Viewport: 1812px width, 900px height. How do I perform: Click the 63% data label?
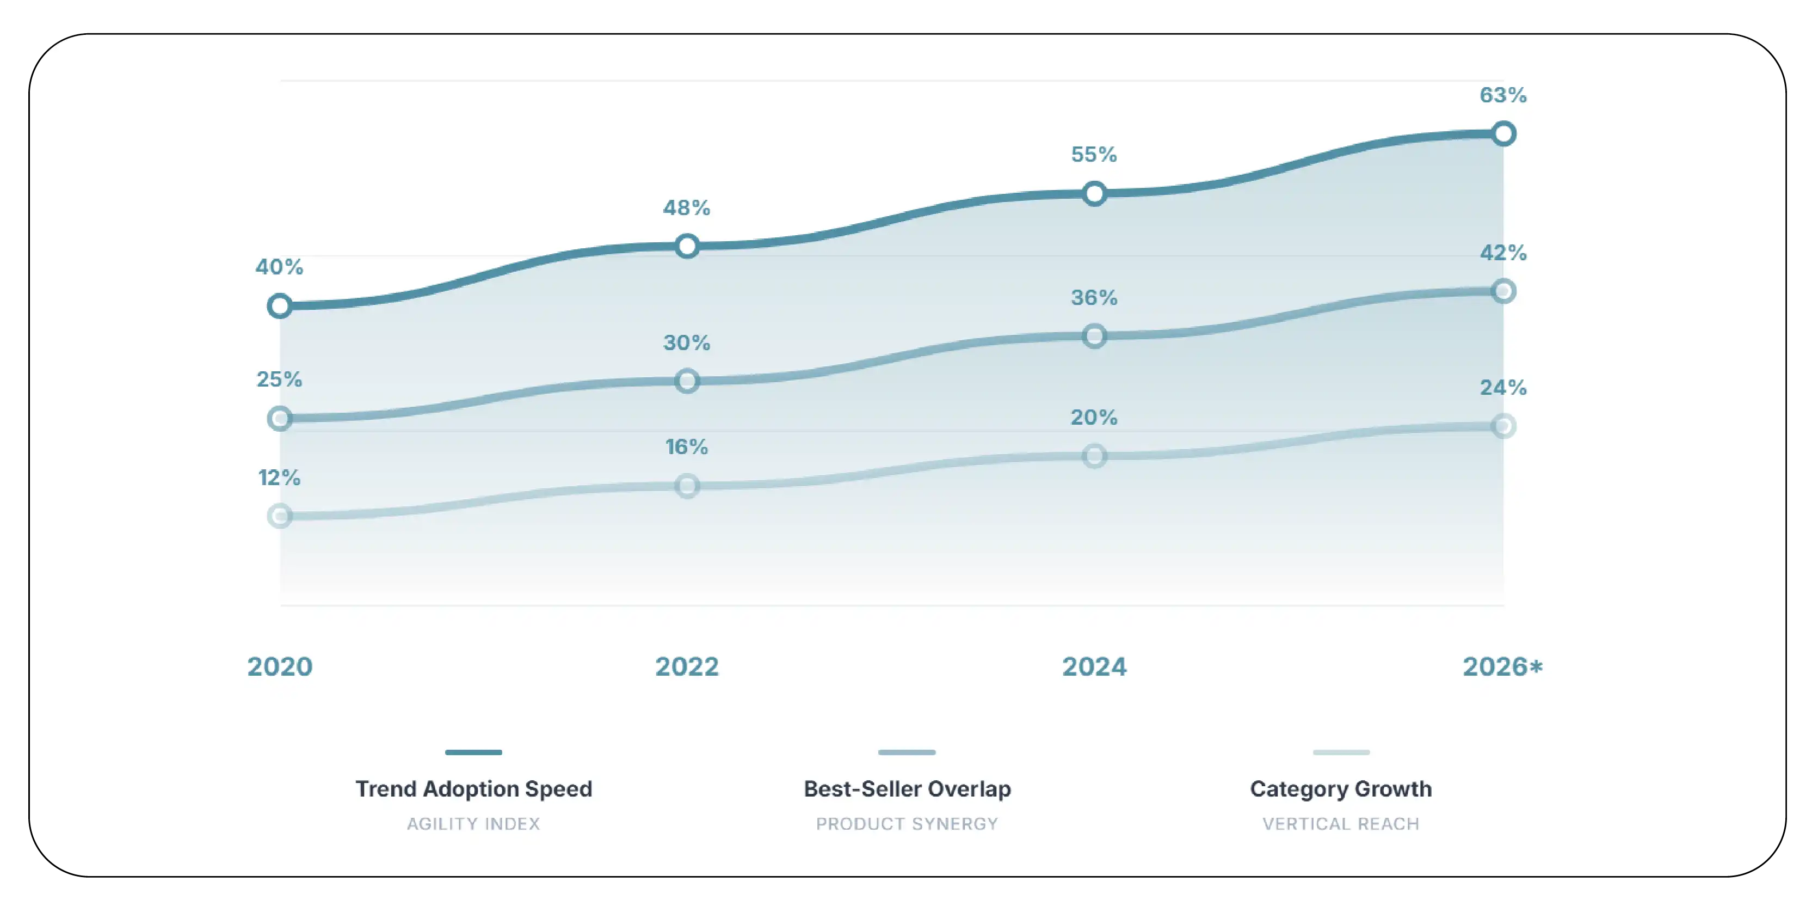tap(1502, 95)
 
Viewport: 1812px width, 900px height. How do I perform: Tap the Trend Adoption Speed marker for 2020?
tap(280, 306)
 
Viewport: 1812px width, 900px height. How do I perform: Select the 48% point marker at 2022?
tap(687, 246)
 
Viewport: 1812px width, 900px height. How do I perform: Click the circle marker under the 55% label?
tap(1094, 193)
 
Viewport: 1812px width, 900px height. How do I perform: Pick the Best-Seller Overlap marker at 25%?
tap(280, 419)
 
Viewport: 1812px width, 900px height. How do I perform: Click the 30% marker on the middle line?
tap(687, 381)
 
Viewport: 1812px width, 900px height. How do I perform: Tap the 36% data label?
tap(1094, 298)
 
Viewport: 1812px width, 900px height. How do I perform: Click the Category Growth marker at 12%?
tap(280, 516)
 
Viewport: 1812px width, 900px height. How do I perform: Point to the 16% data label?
tap(687, 447)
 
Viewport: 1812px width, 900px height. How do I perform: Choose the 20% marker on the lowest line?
tap(1094, 456)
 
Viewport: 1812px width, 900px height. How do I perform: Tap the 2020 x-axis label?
tap(280, 666)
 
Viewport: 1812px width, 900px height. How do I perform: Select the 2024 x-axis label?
tap(1094, 666)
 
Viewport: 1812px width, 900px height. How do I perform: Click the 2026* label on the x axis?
tap(1502, 666)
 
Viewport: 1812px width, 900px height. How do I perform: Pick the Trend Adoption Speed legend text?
tap(473, 789)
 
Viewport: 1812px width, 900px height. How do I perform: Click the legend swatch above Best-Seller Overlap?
tap(907, 752)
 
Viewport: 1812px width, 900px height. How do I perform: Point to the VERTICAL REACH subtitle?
tap(1341, 824)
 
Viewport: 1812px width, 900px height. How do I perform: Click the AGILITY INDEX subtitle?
tap(473, 824)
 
